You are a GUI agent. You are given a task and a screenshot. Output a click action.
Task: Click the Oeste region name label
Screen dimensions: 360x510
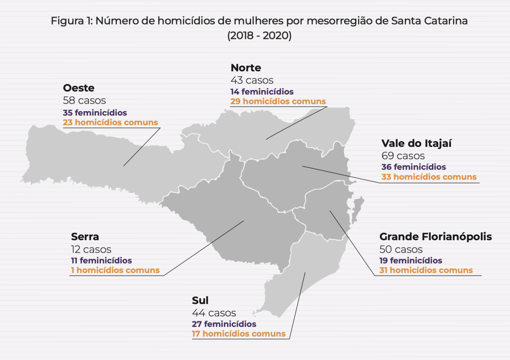tap(79, 88)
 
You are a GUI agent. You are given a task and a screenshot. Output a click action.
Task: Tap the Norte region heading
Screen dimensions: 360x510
tap(246, 68)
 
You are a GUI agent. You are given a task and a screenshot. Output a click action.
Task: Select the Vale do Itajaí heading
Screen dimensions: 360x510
tap(416, 143)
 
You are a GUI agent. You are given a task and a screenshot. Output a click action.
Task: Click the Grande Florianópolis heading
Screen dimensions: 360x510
tap(435, 237)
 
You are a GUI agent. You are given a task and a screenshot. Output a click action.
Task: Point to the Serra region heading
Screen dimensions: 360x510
tap(85, 237)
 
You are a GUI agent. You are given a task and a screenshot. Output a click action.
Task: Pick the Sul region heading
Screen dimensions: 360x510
tap(200, 301)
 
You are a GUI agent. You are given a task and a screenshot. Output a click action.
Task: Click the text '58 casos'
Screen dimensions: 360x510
tap(84, 101)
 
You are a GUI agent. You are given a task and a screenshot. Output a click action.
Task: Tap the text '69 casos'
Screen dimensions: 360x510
tap(403, 156)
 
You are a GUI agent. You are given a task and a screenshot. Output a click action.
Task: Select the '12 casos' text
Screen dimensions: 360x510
tap(91, 249)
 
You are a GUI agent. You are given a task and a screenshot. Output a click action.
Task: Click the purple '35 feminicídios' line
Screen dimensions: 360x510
tap(95, 113)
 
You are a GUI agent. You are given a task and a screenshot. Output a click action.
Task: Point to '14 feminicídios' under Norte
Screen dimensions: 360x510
tap(262, 92)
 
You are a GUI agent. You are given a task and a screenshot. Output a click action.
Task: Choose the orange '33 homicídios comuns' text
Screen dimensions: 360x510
tap(429, 177)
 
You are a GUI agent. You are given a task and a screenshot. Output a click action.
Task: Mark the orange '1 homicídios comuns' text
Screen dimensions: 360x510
tap(115, 270)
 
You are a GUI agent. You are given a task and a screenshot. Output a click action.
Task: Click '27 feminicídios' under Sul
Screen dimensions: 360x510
tap(224, 324)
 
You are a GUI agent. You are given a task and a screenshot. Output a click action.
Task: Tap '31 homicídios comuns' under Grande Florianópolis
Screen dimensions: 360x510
tap(426, 270)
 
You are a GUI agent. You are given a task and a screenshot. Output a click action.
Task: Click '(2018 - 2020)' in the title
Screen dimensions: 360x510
tap(259, 36)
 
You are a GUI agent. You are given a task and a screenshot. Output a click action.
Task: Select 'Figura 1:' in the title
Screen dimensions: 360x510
tap(71, 21)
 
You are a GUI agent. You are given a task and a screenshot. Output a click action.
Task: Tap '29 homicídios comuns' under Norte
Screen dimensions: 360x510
tap(278, 102)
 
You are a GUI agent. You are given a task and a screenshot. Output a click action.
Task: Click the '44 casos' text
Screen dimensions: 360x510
tap(214, 313)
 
